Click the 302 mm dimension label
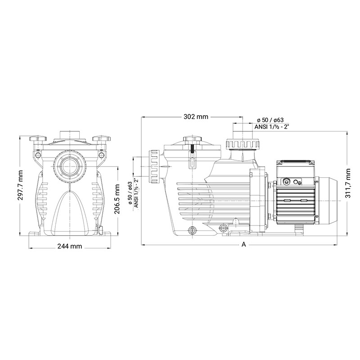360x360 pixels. pos(196,117)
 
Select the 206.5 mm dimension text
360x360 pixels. pos(117,199)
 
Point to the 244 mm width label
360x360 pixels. pos(70,246)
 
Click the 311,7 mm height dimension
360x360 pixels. pos(348,183)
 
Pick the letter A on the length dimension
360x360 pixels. pos(243,244)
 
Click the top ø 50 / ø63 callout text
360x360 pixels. pos(270,120)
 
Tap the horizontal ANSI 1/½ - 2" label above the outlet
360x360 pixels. pos(271,127)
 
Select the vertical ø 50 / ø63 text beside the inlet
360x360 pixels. pos(130,193)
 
